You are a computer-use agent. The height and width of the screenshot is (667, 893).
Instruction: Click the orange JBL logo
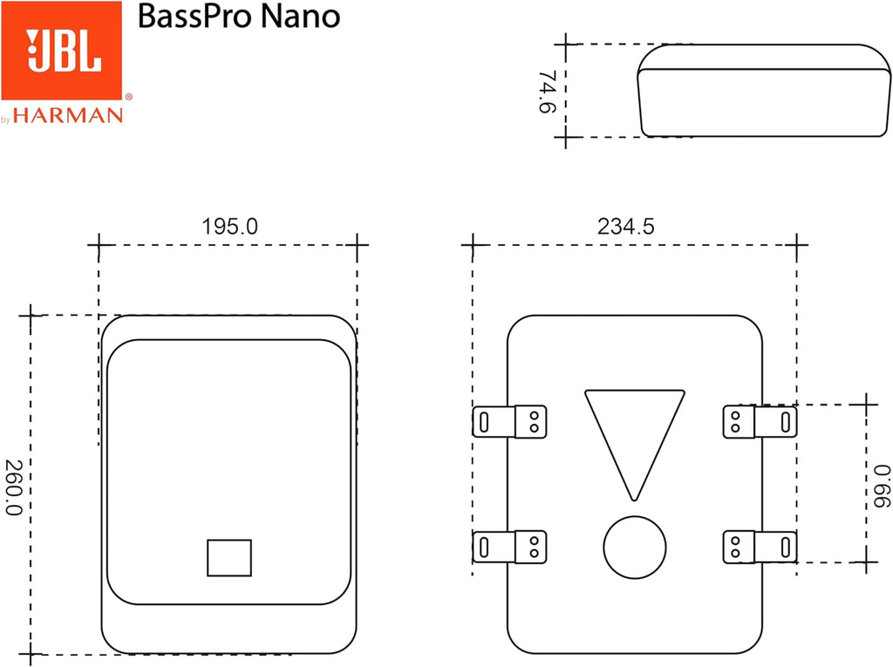pyautogui.click(x=61, y=50)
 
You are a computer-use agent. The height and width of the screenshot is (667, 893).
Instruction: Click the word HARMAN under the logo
pyautogui.click(x=67, y=114)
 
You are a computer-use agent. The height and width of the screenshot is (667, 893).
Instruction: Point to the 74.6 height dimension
pyautogui.click(x=549, y=92)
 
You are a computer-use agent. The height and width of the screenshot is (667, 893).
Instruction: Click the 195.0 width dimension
pyautogui.click(x=230, y=227)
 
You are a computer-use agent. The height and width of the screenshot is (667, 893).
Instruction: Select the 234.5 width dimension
pyautogui.click(x=625, y=227)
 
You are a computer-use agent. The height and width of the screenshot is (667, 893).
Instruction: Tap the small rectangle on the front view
pyautogui.click(x=229, y=558)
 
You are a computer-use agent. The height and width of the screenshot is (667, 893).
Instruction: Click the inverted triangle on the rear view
pyautogui.click(x=634, y=436)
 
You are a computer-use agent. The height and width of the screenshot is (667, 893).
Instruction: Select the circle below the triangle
pyautogui.click(x=634, y=547)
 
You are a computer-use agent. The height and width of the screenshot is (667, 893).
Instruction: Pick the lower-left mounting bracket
pyautogui.click(x=509, y=547)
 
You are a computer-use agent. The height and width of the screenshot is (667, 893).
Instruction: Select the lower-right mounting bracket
pyautogui.click(x=760, y=547)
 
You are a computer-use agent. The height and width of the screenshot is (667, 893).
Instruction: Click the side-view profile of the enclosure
pyautogui.click(x=763, y=91)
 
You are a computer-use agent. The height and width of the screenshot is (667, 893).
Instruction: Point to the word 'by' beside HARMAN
pyautogui.click(x=6, y=119)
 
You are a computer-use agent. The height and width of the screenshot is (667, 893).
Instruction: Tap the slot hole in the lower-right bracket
pyautogui.click(x=786, y=547)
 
